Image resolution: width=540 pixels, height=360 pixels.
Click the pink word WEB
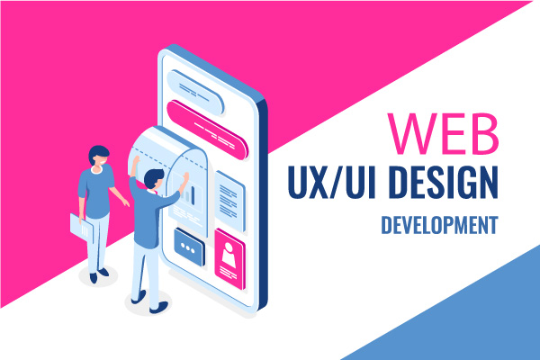click(x=444, y=133)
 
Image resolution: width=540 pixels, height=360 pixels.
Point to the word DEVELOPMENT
click(x=439, y=225)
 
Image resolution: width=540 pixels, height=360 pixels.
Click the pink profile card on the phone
click(x=229, y=258)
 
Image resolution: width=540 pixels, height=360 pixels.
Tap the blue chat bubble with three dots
click(x=189, y=247)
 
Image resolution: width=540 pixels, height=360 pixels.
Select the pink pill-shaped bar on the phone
click(x=207, y=130)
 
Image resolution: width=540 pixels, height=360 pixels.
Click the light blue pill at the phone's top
click(x=195, y=93)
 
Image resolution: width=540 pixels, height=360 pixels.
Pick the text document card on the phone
click(x=229, y=202)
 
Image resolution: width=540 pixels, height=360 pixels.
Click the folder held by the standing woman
click(x=81, y=228)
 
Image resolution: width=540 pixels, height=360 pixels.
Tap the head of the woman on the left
click(x=99, y=156)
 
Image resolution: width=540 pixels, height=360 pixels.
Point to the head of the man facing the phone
click(x=154, y=179)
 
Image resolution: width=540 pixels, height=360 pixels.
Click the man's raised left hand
click(x=135, y=161)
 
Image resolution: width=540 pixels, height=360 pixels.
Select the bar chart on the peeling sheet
click(x=189, y=195)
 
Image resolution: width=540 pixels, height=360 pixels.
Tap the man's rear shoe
click(x=139, y=298)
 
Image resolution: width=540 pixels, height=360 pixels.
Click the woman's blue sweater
click(x=96, y=191)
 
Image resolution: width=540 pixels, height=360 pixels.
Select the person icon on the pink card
click(x=229, y=254)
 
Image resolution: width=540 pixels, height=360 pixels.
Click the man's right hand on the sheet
click(x=185, y=178)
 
